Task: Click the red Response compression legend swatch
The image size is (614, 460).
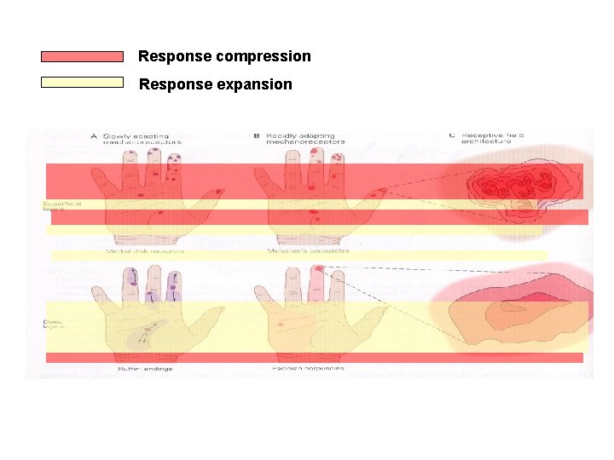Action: coord(82,56)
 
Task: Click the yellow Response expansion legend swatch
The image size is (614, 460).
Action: coord(82,83)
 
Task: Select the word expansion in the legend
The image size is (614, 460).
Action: coord(254,84)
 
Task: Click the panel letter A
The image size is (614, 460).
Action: coord(95,135)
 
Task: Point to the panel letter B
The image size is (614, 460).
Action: coord(257,135)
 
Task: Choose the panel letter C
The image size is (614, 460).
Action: coord(451,135)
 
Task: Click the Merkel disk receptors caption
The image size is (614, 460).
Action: coord(144,251)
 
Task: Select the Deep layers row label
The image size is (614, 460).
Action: coord(53,325)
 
